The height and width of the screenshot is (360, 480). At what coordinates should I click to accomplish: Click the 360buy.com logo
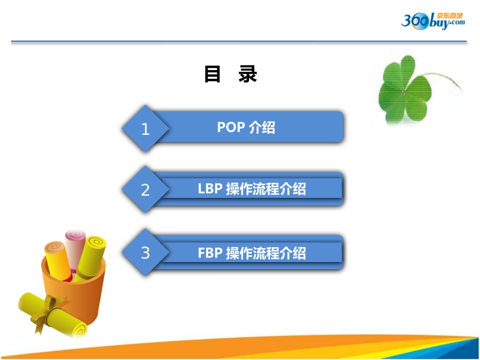[x=432, y=21]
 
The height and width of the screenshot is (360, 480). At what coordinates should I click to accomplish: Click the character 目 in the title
[x=213, y=74]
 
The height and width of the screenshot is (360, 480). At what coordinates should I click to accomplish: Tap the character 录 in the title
[x=248, y=74]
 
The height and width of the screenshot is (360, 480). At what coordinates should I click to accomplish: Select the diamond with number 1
[x=146, y=129]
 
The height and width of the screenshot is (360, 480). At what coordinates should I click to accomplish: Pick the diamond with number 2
[x=146, y=190]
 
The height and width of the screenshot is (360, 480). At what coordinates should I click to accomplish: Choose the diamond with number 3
[x=146, y=252]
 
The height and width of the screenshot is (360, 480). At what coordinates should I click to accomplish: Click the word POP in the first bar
[x=231, y=127]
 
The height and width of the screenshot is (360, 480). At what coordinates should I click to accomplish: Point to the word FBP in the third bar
[x=210, y=252]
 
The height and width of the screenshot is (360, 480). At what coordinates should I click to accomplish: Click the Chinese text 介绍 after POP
[x=262, y=127]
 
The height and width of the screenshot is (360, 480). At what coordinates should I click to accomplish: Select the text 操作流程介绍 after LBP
[x=266, y=189]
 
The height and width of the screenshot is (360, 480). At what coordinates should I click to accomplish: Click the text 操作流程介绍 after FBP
[x=266, y=252]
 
